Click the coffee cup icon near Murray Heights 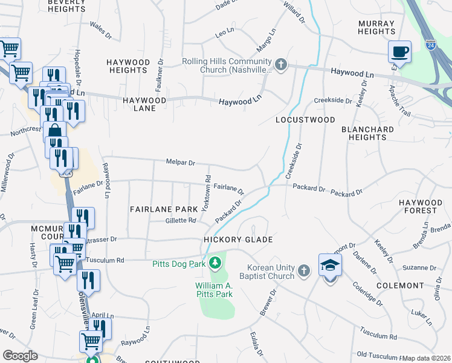[399, 51]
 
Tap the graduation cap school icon [330, 265]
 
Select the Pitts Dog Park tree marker [215, 263]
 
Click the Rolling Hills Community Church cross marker [280, 64]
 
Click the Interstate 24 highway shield [430, 44]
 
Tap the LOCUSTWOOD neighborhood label [305, 120]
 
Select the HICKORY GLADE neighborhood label [238, 240]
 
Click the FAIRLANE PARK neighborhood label [164, 209]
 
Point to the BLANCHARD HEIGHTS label [367, 133]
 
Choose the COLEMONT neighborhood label [416, 285]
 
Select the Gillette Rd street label [181, 220]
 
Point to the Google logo [20, 356]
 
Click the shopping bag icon [54, 131]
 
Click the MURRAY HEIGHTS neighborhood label [376, 27]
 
